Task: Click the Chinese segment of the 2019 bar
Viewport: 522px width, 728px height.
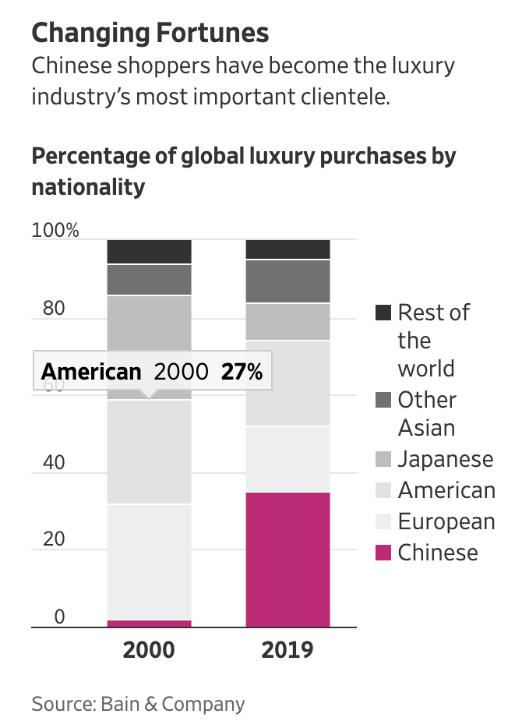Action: point(287,560)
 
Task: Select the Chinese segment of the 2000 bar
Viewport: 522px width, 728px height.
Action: point(149,624)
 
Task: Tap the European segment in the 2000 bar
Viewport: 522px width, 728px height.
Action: point(149,561)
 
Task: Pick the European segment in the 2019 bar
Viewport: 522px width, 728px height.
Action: point(287,459)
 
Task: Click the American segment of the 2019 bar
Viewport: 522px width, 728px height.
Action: point(287,383)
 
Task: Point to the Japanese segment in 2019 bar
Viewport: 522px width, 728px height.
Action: point(287,322)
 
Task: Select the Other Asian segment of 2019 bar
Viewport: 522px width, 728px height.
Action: point(287,281)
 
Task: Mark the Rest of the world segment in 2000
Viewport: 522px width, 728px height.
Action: point(149,252)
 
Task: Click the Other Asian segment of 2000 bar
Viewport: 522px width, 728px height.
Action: point(149,280)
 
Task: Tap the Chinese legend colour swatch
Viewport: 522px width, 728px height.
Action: point(383,553)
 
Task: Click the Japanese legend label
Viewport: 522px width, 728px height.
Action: point(446,459)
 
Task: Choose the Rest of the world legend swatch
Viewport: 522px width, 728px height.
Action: point(383,313)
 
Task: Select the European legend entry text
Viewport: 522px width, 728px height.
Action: point(446,521)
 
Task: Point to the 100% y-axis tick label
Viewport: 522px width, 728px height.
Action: point(55,231)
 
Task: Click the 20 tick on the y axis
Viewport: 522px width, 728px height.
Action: point(54,539)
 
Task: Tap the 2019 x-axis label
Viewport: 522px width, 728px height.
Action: point(287,650)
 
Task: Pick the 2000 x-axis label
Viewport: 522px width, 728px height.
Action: point(149,650)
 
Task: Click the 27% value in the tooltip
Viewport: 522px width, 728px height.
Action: point(242,372)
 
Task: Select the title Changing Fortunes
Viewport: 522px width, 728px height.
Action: point(150,33)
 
